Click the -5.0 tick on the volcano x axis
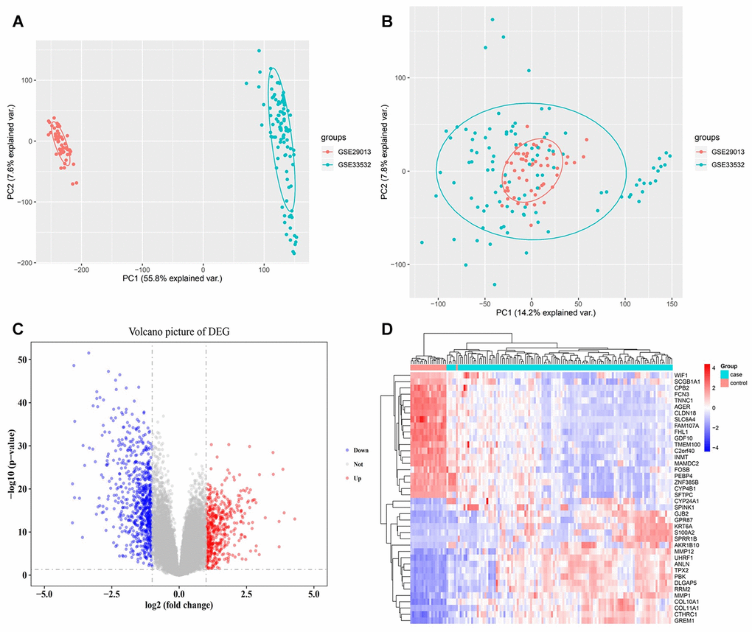(43, 594)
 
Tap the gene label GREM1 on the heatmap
(686, 621)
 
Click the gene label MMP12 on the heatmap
(685, 550)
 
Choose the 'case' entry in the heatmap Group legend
(727, 375)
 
